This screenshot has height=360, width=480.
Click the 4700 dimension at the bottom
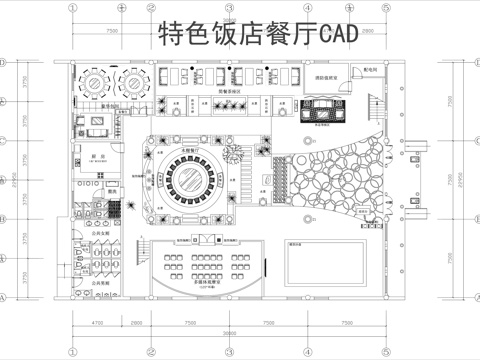click(x=97, y=323)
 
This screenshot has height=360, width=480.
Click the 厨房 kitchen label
click(x=89, y=157)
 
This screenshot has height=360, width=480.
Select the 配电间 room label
click(x=371, y=71)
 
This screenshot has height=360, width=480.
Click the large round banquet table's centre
click(x=192, y=180)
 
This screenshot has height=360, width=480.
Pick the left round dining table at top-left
click(x=96, y=80)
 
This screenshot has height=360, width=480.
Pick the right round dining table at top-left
click(x=131, y=80)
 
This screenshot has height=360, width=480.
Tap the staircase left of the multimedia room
click(x=132, y=271)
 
